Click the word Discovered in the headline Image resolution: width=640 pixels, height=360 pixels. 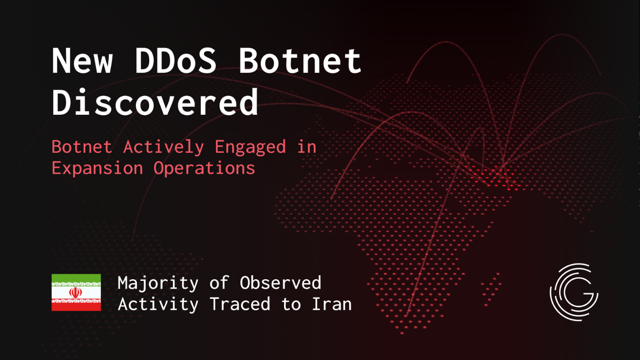click(x=155, y=102)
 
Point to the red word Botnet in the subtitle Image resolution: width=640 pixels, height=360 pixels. click(x=82, y=147)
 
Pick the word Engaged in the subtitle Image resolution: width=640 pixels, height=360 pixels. click(x=250, y=147)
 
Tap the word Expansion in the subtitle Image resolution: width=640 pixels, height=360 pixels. click(x=97, y=168)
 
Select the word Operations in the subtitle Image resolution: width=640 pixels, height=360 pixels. click(x=204, y=168)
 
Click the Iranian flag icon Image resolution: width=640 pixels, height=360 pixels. click(x=76, y=293)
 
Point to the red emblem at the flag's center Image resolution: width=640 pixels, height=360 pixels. click(x=76, y=293)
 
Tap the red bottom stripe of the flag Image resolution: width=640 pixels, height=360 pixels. click(x=76, y=306)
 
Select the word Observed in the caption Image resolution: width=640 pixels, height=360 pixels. click(x=280, y=283)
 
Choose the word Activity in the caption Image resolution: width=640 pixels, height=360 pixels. click(x=158, y=304)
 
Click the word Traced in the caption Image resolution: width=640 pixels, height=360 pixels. click(x=240, y=304)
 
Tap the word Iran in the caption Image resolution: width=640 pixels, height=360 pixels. click(x=331, y=304)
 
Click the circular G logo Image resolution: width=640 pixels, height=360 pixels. click(x=574, y=292)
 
